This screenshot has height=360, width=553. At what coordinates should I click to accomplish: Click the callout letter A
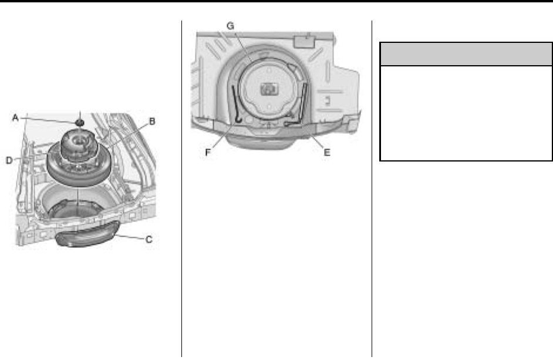(x=15, y=117)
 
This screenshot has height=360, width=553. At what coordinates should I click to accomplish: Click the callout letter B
(x=152, y=122)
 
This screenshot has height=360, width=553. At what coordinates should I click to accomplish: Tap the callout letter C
(x=149, y=239)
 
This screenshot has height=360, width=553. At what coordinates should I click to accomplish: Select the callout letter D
(x=9, y=160)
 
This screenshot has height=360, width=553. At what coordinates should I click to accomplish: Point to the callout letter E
(x=327, y=153)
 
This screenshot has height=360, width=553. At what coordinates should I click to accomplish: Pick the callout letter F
(x=208, y=153)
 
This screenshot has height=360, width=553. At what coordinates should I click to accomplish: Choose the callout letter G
(x=230, y=26)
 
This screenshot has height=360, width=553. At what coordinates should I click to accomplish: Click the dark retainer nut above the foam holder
(x=80, y=123)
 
